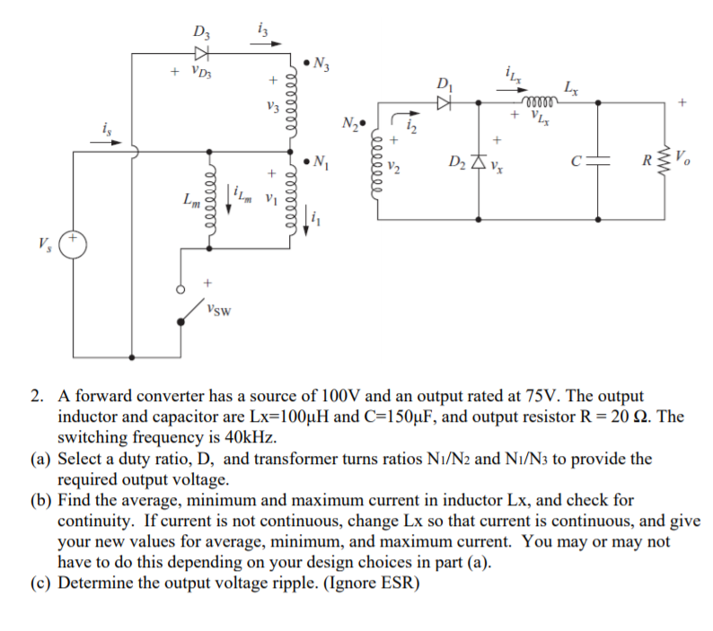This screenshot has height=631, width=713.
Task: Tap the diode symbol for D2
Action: click(478, 162)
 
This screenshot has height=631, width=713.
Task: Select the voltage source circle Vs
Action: click(73, 244)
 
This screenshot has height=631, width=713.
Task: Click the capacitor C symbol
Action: click(599, 162)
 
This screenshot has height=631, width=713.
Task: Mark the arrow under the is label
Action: click(105, 141)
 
